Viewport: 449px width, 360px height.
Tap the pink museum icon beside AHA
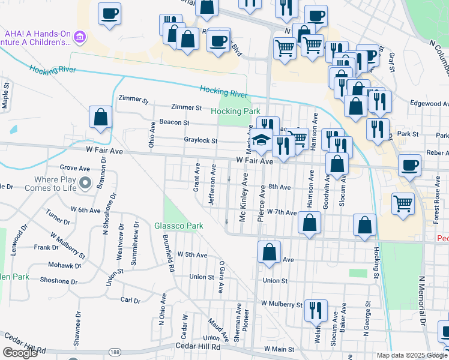80,38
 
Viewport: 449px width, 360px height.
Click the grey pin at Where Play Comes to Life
85,183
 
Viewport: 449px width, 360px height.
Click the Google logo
20,353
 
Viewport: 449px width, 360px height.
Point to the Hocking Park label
235,111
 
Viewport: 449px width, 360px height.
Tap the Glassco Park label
179,226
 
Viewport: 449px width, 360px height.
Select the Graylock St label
200,141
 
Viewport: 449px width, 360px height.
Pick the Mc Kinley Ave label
243,197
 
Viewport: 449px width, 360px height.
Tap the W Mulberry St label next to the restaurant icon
282,305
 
